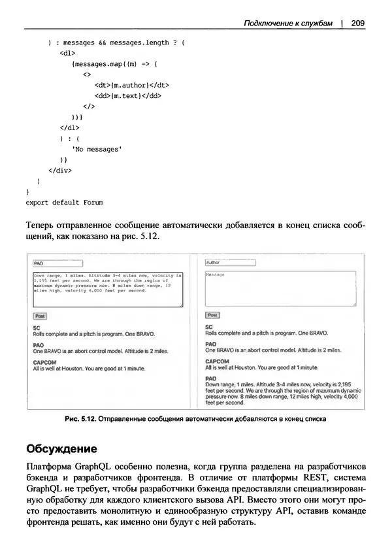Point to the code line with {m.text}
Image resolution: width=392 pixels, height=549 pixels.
(127, 95)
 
